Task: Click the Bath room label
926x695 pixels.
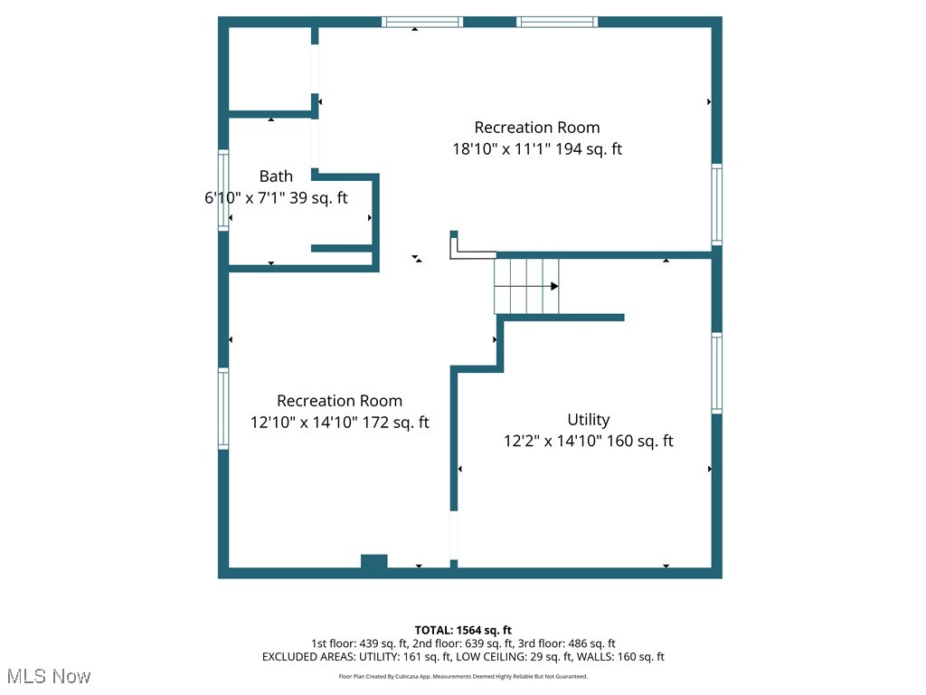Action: [x=276, y=176]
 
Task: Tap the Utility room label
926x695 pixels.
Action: [x=588, y=420]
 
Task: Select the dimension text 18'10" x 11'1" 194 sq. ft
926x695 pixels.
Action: [x=537, y=149]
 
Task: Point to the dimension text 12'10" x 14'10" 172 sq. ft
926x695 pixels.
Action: [x=339, y=423]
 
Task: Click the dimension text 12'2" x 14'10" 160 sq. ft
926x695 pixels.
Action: [x=588, y=442]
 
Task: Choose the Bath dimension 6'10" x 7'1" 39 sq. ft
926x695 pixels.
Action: [x=276, y=198]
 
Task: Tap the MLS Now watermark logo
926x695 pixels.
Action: [x=49, y=676]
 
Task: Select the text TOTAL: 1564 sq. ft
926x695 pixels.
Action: [x=463, y=630]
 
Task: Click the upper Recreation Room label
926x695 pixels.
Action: [x=537, y=128]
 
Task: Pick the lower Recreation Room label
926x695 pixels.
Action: [x=339, y=401]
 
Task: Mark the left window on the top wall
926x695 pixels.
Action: [x=421, y=22]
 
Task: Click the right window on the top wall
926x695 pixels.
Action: [x=558, y=22]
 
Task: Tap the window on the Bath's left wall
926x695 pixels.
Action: [x=223, y=191]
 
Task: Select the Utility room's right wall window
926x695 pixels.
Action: [x=716, y=373]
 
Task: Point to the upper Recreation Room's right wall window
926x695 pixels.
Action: [x=716, y=205]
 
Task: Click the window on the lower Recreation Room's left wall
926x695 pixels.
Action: [x=223, y=408]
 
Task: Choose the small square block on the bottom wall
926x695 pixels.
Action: [x=374, y=562]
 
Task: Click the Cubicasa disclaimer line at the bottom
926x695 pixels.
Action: [x=463, y=676]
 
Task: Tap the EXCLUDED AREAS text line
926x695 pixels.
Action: [x=463, y=657]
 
